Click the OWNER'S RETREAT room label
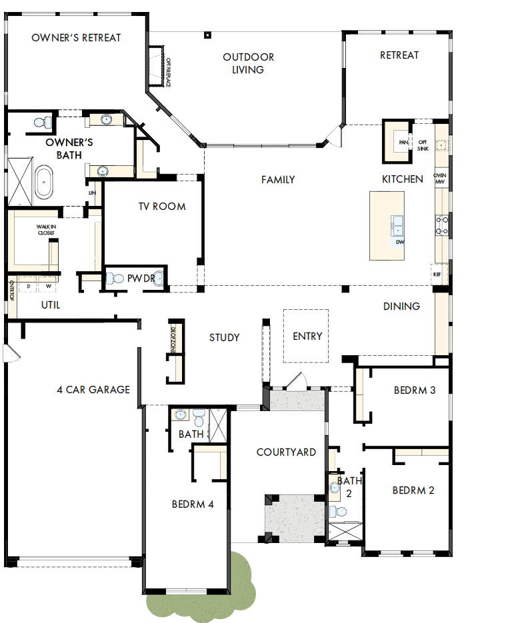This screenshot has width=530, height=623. [x=77, y=38]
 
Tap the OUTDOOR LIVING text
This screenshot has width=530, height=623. [x=248, y=63]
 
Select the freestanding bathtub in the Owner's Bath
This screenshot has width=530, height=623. [x=44, y=183]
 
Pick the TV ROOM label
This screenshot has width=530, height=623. [x=162, y=207]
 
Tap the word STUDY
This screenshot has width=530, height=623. [x=224, y=338]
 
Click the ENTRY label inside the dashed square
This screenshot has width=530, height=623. [x=307, y=336]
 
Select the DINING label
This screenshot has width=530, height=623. [x=401, y=307]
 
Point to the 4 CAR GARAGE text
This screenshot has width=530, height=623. [x=93, y=390]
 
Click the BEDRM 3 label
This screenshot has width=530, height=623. [x=415, y=390]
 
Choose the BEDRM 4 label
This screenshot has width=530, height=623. [x=193, y=504]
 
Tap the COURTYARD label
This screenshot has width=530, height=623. [x=286, y=452]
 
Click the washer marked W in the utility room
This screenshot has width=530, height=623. [x=47, y=287]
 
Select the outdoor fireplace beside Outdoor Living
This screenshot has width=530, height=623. [x=158, y=67]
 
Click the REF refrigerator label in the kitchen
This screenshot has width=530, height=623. [x=437, y=275]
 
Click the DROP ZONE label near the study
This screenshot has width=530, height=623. [x=172, y=338]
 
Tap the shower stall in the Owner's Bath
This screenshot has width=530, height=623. [x=20, y=180]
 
